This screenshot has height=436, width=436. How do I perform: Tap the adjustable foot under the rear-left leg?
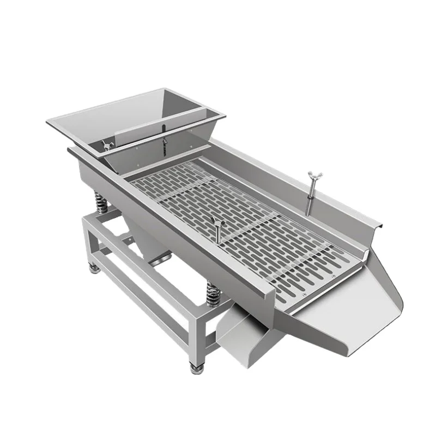pos(94,267)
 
